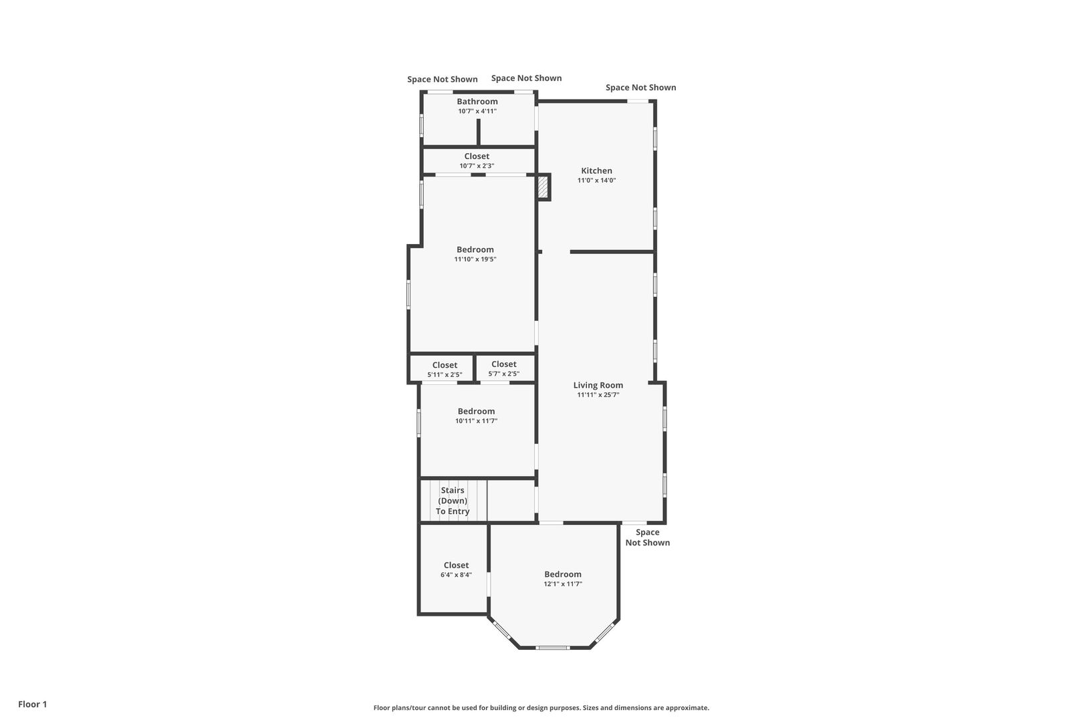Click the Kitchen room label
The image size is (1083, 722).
pos(596,170)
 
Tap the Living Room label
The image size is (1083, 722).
pos(598,385)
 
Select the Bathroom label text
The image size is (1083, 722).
pos(477,101)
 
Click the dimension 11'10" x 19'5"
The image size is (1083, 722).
pos(475,259)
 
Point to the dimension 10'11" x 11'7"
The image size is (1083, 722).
pos(476,420)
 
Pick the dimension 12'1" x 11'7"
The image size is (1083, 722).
pos(563,584)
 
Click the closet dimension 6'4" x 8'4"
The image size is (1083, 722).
pos(456,575)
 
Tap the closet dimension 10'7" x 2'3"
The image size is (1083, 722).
pos(477,166)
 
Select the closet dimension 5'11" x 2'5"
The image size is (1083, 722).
pos(445,375)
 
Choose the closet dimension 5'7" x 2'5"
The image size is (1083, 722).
pos(504,374)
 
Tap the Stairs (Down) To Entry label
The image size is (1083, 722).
pos(453,501)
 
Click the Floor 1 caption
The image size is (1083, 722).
pos(32,704)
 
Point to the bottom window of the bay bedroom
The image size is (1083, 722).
pos(553,648)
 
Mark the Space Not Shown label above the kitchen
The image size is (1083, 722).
pos(640,88)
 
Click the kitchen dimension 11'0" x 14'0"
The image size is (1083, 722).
pos(596,180)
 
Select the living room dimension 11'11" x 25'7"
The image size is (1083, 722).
pos(598,394)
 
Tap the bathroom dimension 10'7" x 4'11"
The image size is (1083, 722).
pos(477,111)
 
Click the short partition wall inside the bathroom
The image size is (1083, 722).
pos(478,132)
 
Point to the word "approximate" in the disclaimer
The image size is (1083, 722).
pos(687,708)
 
